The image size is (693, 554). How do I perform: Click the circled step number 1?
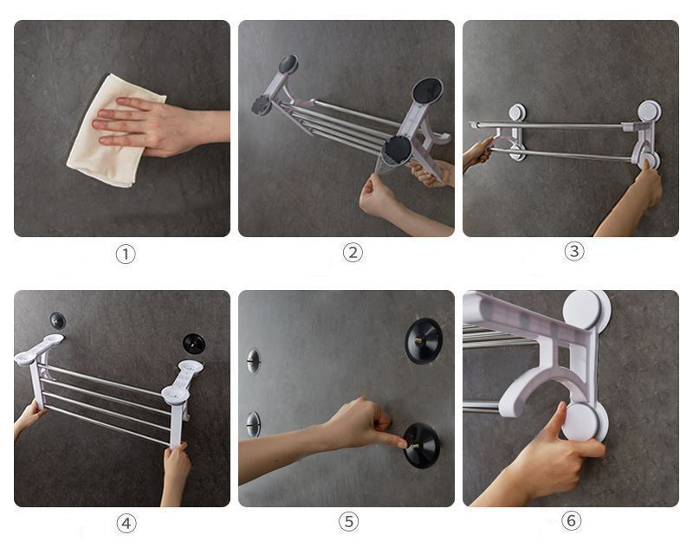tap(126, 254)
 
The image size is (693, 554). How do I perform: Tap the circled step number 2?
tap(353, 253)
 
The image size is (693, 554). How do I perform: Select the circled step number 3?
tap(574, 251)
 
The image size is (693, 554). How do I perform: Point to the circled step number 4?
tap(126, 524)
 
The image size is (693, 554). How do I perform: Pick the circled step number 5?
tap(349, 522)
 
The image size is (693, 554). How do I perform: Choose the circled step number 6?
tap(572, 520)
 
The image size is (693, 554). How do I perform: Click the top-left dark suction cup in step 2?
tap(288, 64)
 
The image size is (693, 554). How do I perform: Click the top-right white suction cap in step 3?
tap(649, 111)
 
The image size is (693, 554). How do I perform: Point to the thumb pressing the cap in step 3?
tap(646, 165)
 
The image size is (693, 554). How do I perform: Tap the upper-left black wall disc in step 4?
tap(57, 320)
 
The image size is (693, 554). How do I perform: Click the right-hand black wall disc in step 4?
tap(194, 344)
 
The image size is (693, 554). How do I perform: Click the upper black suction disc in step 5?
tap(424, 340)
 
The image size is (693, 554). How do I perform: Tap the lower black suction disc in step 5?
tap(422, 445)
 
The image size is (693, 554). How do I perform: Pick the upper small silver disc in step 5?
tap(254, 361)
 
